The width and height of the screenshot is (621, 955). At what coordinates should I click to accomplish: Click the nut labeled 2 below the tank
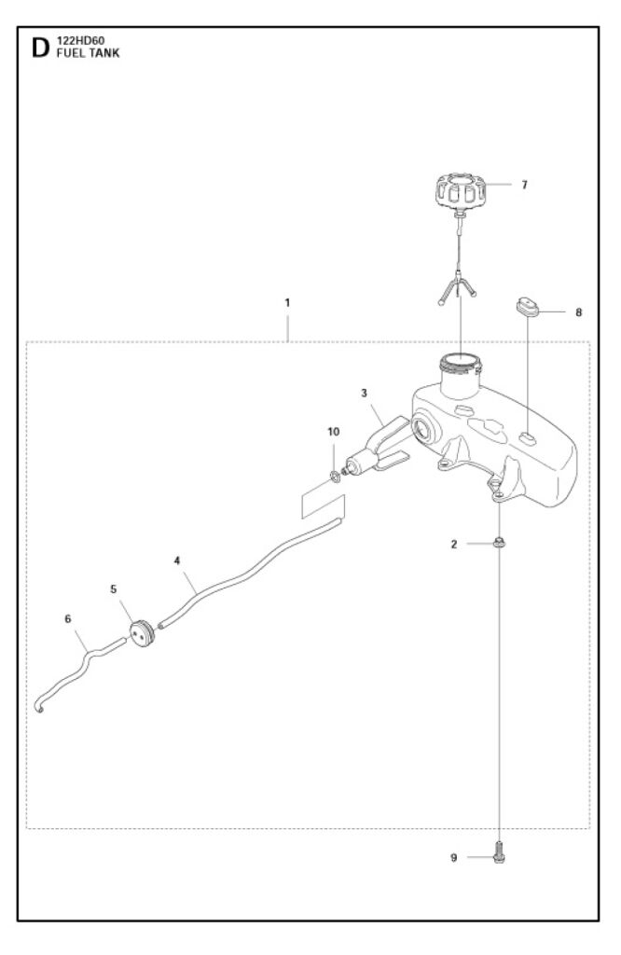(x=501, y=543)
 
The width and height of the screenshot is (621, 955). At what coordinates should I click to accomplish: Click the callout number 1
(x=288, y=303)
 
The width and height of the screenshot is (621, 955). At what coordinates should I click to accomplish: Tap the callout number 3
(x=365, y=394)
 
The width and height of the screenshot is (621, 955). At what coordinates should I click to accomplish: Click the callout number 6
(x=67, y=617)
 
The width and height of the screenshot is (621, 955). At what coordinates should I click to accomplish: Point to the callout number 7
(x=524, y=185)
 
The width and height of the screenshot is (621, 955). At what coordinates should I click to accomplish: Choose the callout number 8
(x=578, y=312)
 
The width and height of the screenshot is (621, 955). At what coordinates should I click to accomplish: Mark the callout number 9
(x=454, y=857)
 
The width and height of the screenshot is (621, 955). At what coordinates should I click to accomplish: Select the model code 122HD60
(x=81, y=42)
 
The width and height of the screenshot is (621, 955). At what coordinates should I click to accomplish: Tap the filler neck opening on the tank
(x=459, y=359)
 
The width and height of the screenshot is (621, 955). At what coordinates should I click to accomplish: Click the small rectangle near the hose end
(x=322, y=505)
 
